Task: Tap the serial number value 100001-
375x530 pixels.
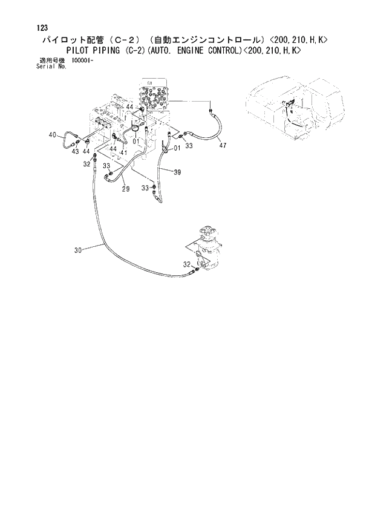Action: click(x=82, y=61)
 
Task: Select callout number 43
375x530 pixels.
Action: click(x=76, y=151)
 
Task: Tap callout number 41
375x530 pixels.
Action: click(x=123, y=152)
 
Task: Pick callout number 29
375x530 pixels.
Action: click(x=126, y=189)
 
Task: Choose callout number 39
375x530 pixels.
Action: click(x=177, y=172)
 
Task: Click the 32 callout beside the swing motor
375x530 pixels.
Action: click(x=187, y=264)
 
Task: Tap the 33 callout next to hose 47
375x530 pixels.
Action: click(x=189, y=146)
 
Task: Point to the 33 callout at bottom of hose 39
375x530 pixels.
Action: click(x=145, y=188)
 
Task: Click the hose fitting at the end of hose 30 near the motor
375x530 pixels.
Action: click(x=194, y=273)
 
